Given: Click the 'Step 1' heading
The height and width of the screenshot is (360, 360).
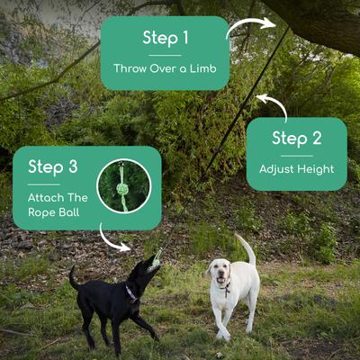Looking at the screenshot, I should (x=166, y=38).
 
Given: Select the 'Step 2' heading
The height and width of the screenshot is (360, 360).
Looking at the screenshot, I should (x=296, y=139).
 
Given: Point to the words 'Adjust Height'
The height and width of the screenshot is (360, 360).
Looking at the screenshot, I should (x=296, y=168).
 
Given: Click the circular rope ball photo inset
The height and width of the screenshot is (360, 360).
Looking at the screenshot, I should (x=123, y=185).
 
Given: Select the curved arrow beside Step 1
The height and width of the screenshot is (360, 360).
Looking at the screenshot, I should (x=249, y=27).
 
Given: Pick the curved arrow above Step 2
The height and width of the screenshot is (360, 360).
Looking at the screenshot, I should (x=274, y=105).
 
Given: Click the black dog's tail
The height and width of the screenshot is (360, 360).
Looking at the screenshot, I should (x=73, y=278).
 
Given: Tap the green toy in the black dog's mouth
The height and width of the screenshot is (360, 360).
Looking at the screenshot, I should (x=157, y=260).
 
